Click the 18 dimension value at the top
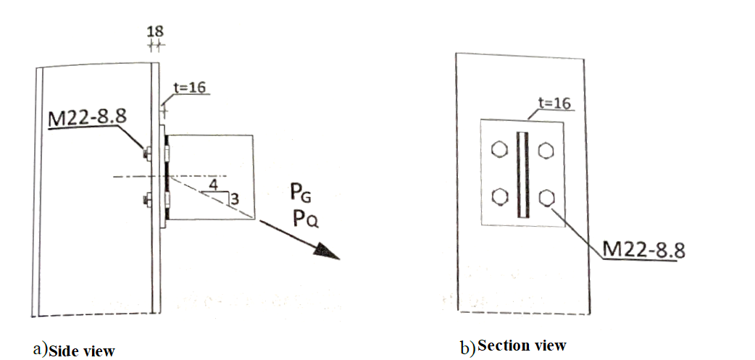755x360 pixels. [x=155, y=31]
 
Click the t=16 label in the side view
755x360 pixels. [x=191, y=88]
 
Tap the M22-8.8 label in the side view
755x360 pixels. [x=82, y=117]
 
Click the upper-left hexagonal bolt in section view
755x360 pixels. [x=498, y=151]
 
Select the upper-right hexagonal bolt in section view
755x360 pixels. [x=547, y=151]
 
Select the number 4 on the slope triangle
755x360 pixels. [x=212, y=185]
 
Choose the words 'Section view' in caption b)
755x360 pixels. [x=522, y=346]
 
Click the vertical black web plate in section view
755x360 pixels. [x=522, y=174]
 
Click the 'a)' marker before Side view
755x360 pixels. [x=40, y=349]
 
